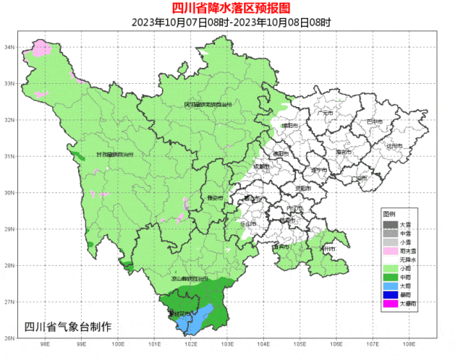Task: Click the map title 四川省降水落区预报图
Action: coord(231,8)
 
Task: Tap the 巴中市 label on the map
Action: coord(374,121)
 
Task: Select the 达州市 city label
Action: coord(394,145)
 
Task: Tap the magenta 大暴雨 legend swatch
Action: coord(390,303)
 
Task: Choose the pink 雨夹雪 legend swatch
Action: coord(390,251)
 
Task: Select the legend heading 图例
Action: coord(388,215)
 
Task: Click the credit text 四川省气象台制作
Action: coord(68,326)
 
